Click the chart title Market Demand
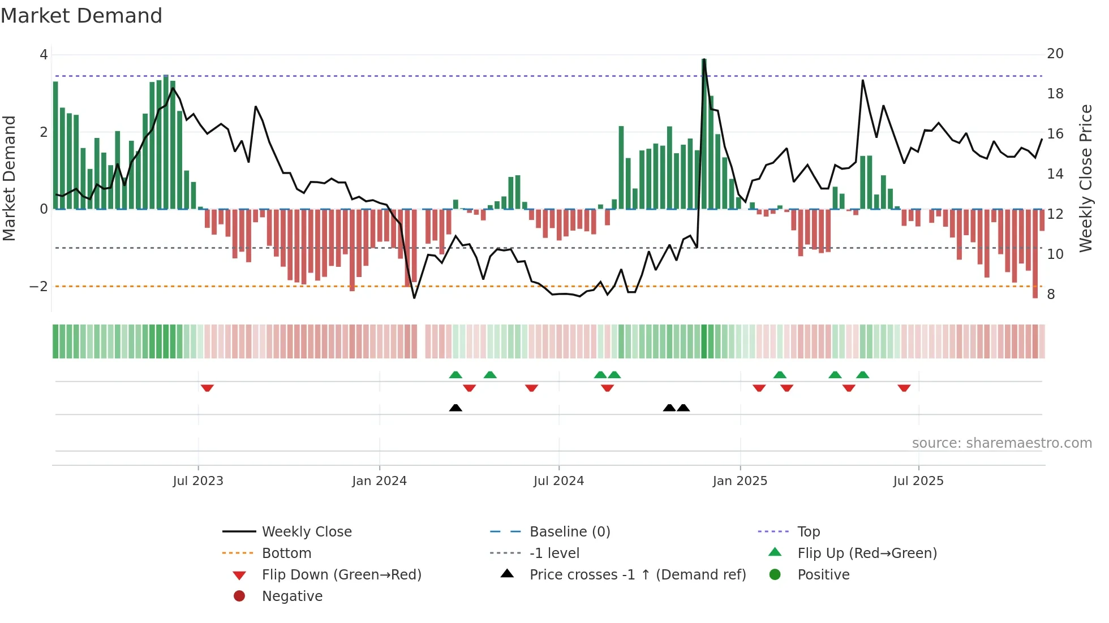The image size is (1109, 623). click(x=81, y=16)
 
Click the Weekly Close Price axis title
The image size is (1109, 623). click(x=1085, y=178)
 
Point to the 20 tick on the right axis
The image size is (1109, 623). click(x=1055, y=54)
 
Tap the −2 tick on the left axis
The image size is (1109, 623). click(x=38, y=287)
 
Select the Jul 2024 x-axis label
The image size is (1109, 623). click(x=558, y=481)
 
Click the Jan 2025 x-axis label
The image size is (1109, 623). click(x=740, y=481)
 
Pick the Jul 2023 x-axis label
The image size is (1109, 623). click(x=198, y=481)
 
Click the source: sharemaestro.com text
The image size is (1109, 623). click(x=1001, y=443)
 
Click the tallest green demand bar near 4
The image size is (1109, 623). click(x=704, y=136)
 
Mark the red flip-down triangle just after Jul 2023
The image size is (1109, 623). click(x=207, y=388)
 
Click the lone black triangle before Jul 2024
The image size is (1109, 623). click(x=455, y=408)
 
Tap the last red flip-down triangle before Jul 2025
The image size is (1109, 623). click(x=904, y=388)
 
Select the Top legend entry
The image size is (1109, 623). click(x=809, y=532)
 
